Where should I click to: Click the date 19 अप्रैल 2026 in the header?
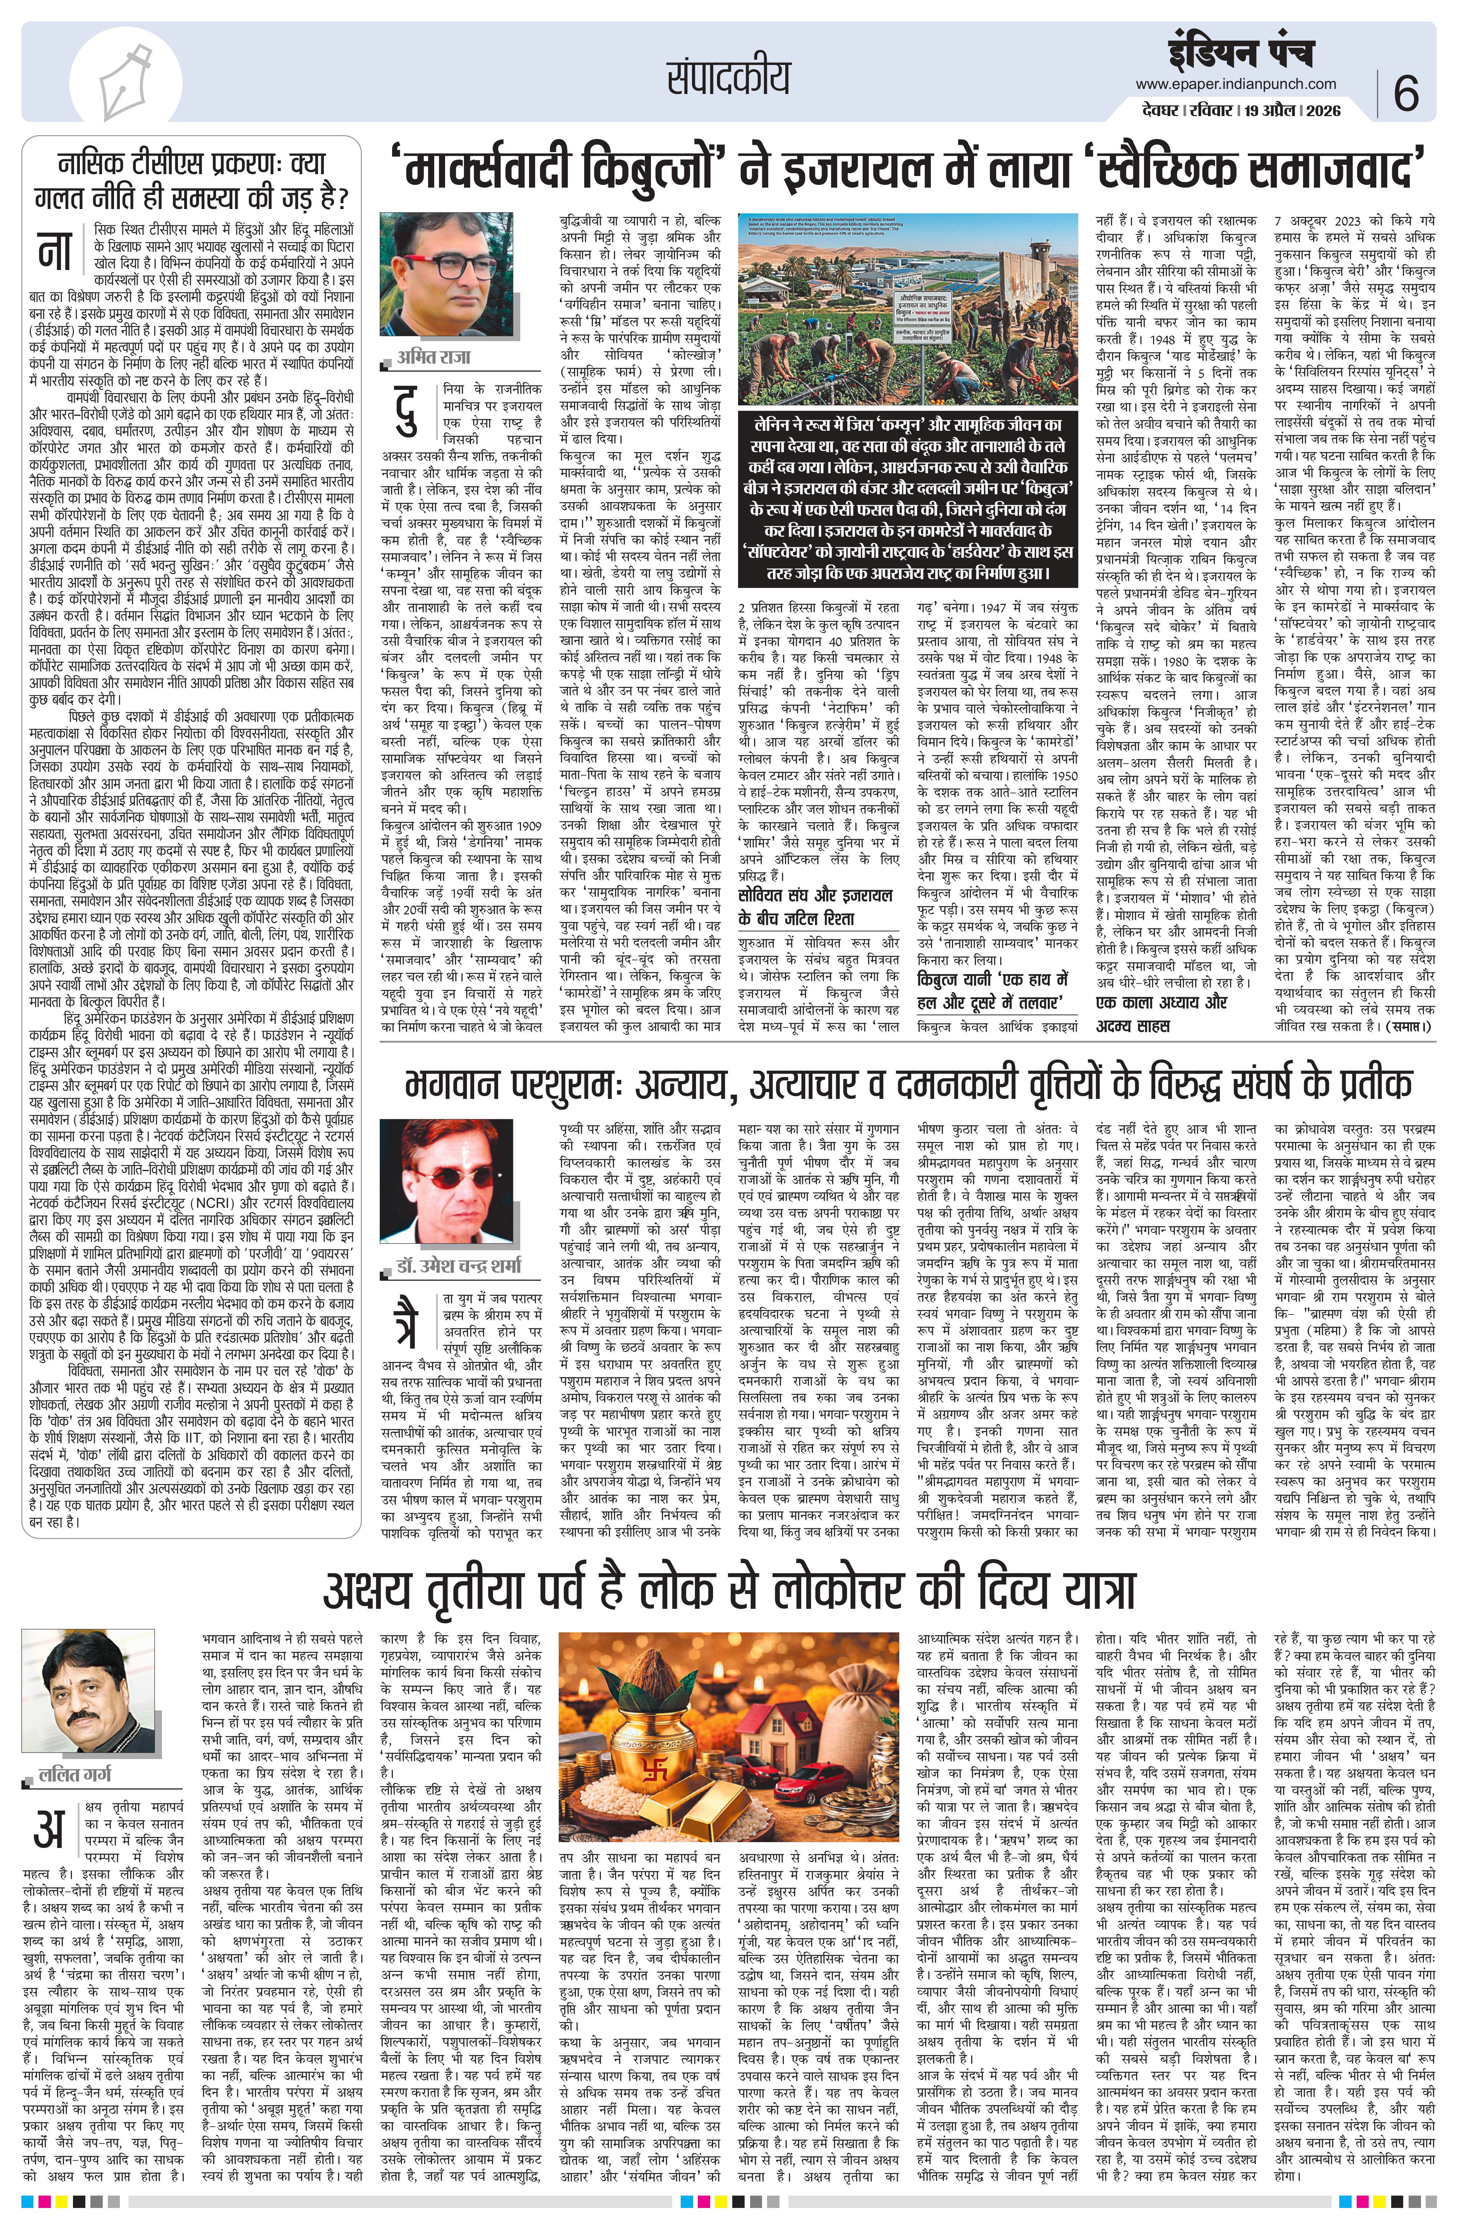pyautogui.click(x=1299, y=111)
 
